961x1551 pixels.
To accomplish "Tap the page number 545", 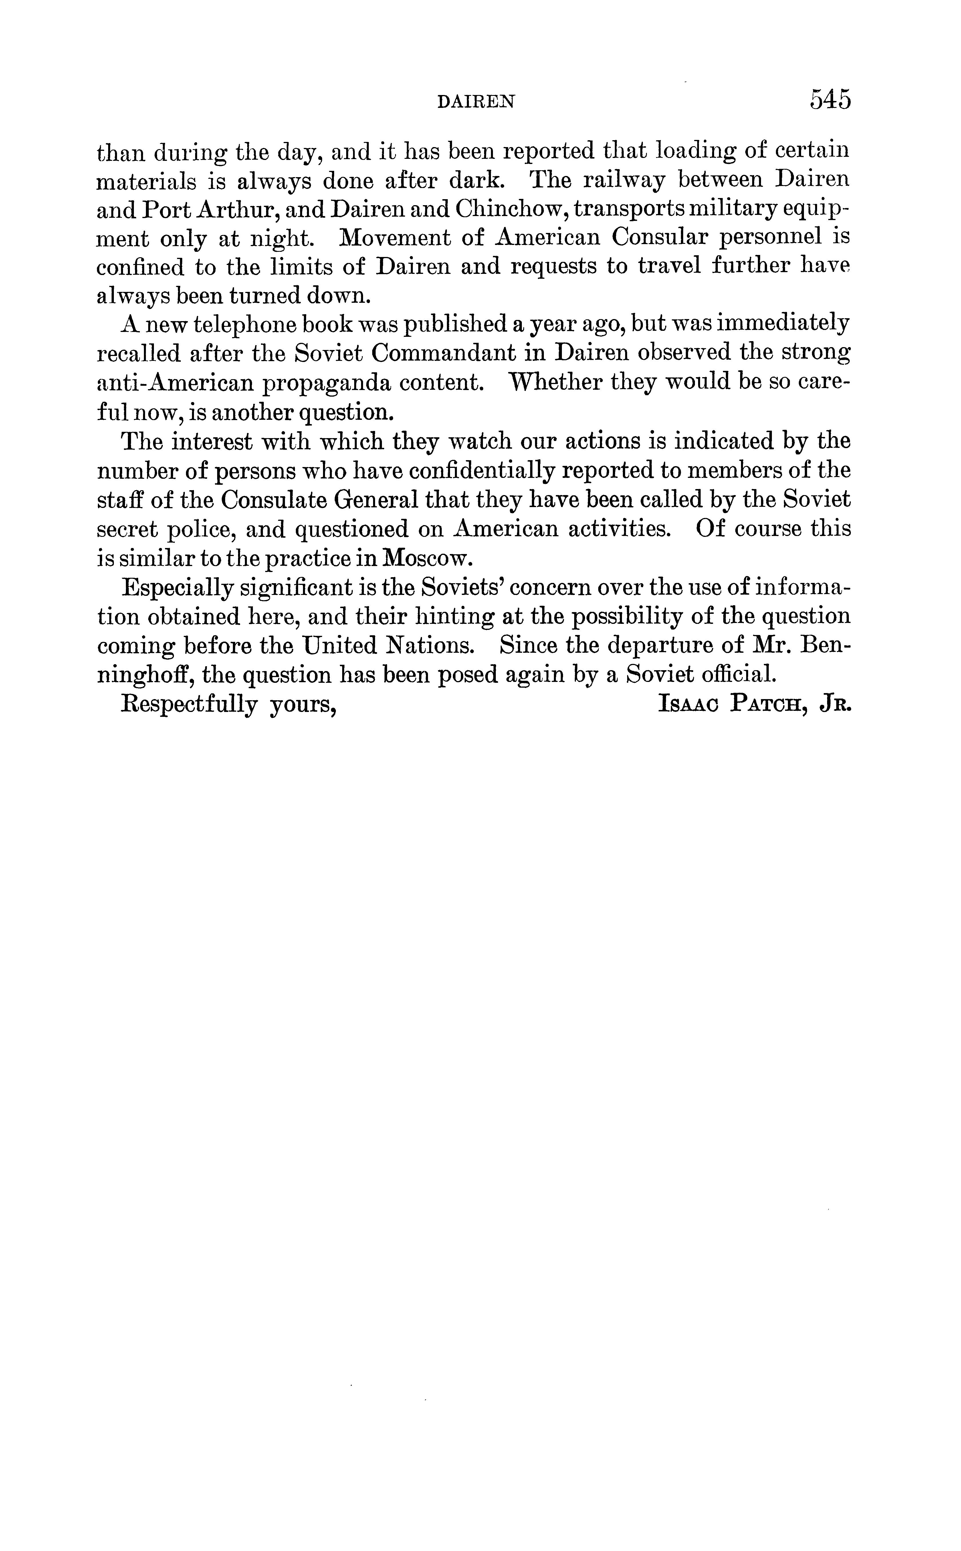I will click(829, 100).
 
